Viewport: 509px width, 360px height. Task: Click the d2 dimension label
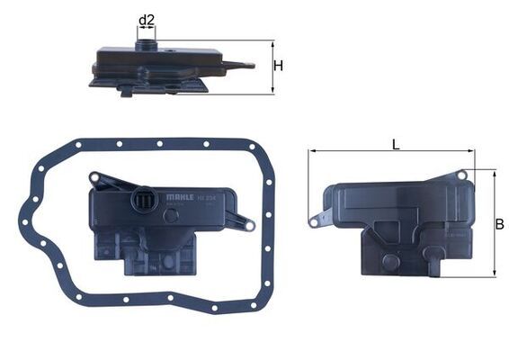click(147, 19)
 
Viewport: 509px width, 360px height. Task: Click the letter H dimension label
click(279, 66)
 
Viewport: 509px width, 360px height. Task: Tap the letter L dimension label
click(396, 143)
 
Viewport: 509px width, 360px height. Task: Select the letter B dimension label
click(500, 224)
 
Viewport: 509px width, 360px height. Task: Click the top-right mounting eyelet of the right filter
click(461, 175)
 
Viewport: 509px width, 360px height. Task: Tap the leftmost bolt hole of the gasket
click(23, 215)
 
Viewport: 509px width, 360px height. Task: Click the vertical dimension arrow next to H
click(272, 67)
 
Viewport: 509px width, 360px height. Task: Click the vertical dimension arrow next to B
click(494, 223)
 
